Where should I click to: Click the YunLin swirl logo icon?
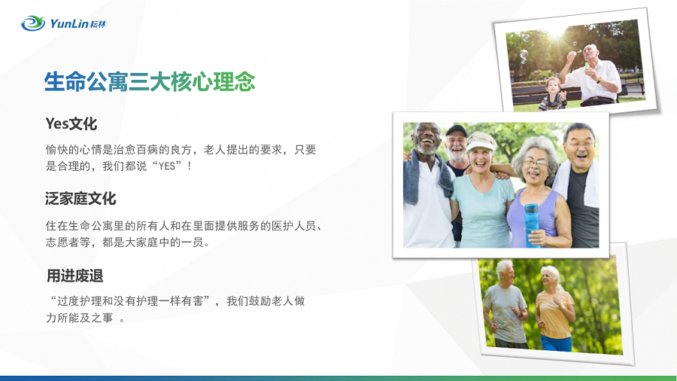click(x=33, y=23)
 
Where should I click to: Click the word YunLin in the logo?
click(x=69, y=23)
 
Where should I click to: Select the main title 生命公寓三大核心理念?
click(x=150, y=81)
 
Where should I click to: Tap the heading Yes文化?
click(x=71, y=123)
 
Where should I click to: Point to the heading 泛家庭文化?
click(x=80, y=198)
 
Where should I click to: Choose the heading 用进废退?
click(x=74, y=276)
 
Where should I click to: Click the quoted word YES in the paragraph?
click(x=167, y=166)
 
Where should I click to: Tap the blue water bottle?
click(x=532, y=225)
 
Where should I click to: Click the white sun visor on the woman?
click(x=481, y=142)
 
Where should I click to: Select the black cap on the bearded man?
click(x=457, y=130)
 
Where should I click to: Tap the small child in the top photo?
click(x=552, y=93)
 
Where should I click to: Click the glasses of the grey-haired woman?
click(x=535, y=162)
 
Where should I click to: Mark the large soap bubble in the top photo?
click(x=524, y=56)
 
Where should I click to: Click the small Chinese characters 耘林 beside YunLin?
click(x=98, y=24)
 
